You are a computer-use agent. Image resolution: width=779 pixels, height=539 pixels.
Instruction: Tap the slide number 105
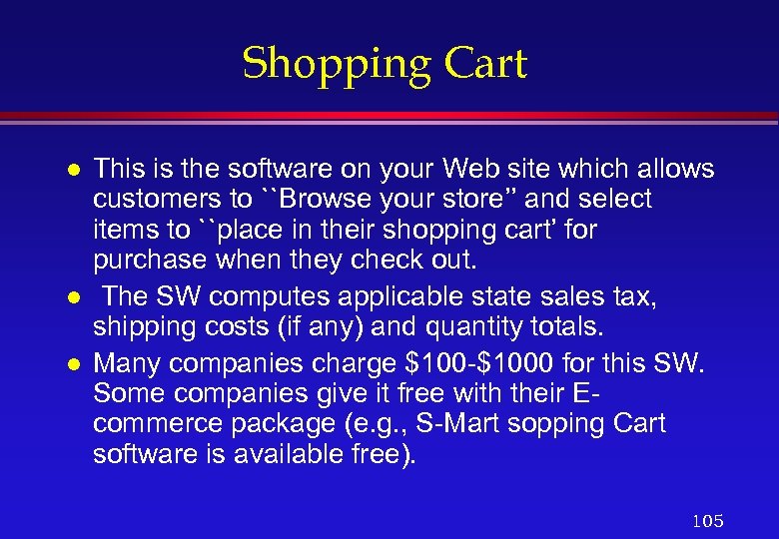tap(707, 521)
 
